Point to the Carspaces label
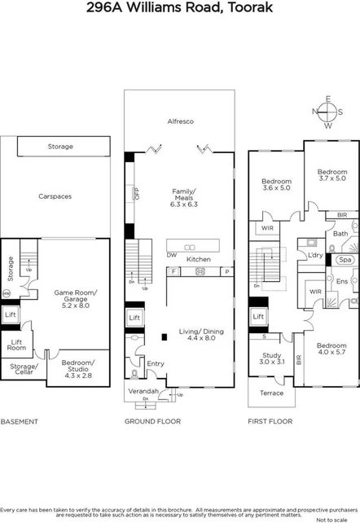[55, 196]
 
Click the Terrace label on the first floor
[272, 393]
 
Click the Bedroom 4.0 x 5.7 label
[331, 349]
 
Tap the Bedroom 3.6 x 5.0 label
[275, 184]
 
